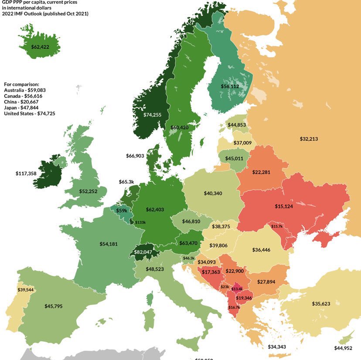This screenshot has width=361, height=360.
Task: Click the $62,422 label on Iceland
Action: tap(40, 47)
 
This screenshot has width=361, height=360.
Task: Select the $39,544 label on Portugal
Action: tap(26, 290)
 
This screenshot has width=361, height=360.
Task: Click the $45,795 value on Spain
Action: tap(53, 306)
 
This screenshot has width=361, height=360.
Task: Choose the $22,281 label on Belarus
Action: tap(262, 172)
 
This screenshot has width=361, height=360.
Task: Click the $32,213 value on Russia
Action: tap(309, 139)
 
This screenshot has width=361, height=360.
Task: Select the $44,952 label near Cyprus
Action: tap(344, 348)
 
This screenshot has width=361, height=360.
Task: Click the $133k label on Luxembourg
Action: tap(140, 222)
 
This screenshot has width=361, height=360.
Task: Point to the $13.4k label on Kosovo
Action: tap(237, 289)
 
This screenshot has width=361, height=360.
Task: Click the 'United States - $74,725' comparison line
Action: tap(32, 113)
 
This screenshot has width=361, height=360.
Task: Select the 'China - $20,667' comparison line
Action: tap(24, 101)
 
